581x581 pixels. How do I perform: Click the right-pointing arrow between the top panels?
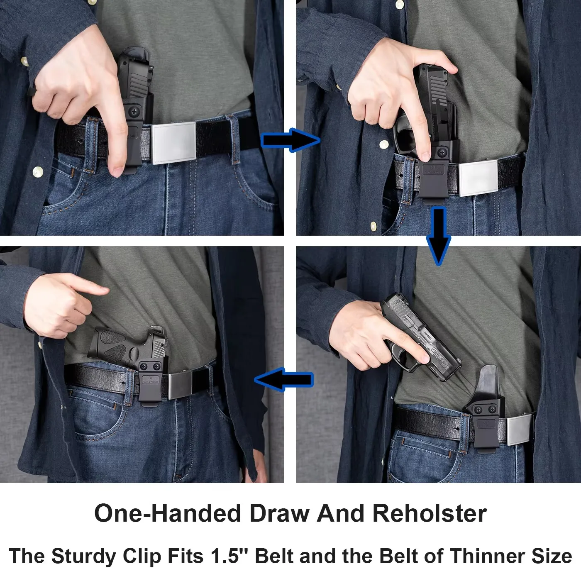[290, 140]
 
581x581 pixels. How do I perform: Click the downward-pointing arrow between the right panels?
[439, 235]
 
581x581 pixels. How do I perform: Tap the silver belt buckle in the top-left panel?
[173, 142]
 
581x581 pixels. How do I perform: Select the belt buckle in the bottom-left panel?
[184, 384]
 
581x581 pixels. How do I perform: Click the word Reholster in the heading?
[429, 514]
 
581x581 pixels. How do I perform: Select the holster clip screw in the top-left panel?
[134, 111]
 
